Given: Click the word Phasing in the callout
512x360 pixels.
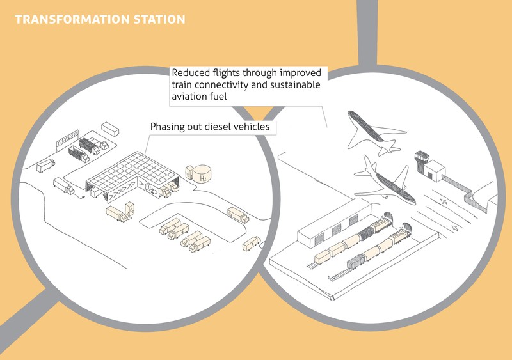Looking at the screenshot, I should pyautogui.click(x=168, y=127).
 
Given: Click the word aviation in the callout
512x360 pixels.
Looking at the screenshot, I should pyautogui.click(x=191, y=97).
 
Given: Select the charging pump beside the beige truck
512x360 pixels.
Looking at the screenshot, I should pyautogui.click(x=130, y=208).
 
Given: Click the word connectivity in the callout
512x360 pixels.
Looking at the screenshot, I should pyautogui.click(x=227, y=84).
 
